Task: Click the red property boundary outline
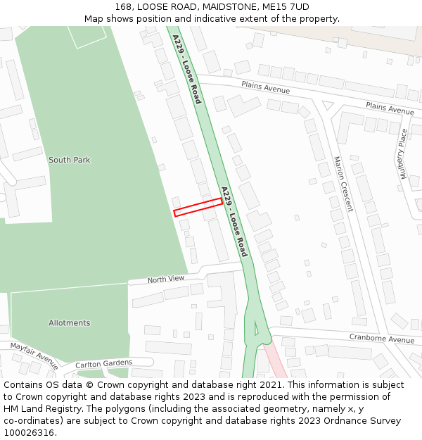tap(198, 206)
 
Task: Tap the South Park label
tap(69, 160)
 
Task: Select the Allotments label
tap(69, 323)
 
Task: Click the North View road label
tap(165, 279)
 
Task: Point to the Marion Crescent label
tap(343, 184)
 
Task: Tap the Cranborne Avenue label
tap(381, 339)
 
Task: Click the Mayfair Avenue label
tap(34, 356)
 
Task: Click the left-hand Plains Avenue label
tap(265, 86)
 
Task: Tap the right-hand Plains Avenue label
tap(390, 108)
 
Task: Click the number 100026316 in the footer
tap(28, 433)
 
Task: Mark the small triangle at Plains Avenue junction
tap(327, 106)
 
